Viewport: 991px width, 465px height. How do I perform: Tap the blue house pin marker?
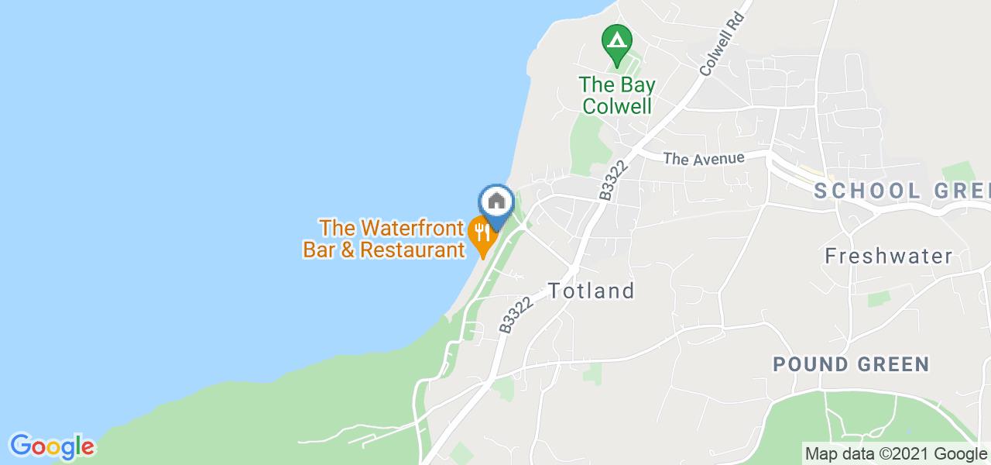click(496, 203)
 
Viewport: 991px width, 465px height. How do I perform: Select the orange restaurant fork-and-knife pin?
click(482, 232)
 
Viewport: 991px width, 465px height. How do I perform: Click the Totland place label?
click(592, 291)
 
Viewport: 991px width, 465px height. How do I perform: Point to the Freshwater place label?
click(888, 256)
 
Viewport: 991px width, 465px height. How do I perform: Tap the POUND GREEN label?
click(851, 364)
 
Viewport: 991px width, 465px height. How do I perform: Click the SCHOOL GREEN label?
click(902, 191)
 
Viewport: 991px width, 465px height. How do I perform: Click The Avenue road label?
click(704, 158)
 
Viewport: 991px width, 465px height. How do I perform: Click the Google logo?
click(52, 446)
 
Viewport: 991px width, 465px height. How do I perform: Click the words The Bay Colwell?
click(616, 95)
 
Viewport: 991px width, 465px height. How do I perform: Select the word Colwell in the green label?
click(616, 106)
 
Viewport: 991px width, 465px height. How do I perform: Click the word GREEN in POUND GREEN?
click(893, 364)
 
